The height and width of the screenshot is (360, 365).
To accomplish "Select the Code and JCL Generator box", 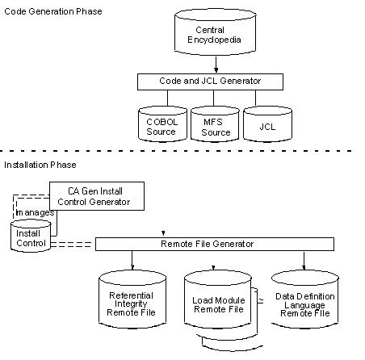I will tap(210, 82).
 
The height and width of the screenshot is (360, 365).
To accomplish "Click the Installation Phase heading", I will tap(40, 165).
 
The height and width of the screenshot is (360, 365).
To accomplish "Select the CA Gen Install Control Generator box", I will tap(97, 194).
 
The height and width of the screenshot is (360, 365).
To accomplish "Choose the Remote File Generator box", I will tap(214, 243).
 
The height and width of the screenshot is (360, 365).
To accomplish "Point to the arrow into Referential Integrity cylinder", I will tap(131, 260).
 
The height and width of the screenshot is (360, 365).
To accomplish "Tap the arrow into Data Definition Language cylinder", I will tap(304, 260).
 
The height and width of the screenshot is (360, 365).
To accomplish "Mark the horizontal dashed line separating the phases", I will tap(182, 151).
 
